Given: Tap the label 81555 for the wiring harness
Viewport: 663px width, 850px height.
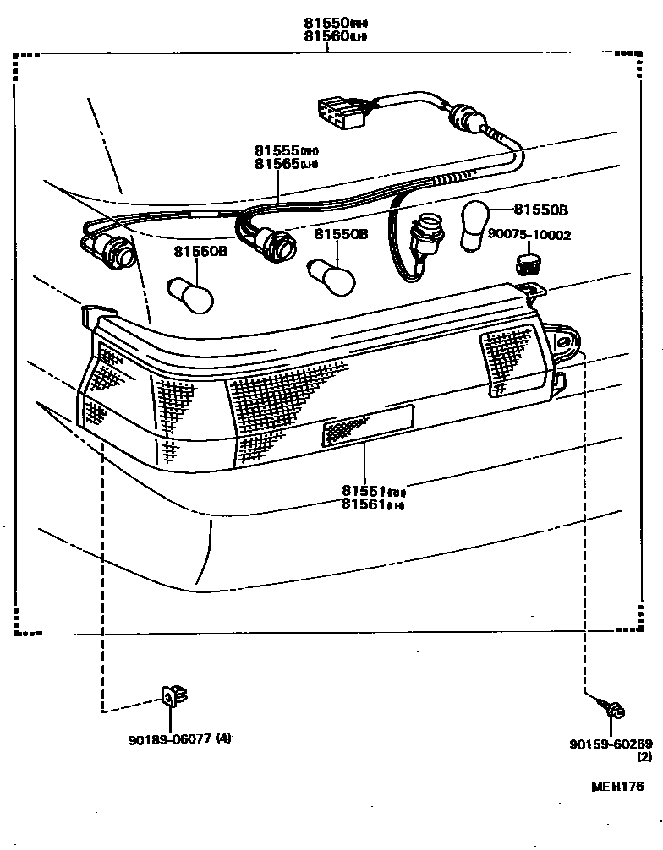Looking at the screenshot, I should pos(277,150).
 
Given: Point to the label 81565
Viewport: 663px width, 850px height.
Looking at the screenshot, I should pos(277,163).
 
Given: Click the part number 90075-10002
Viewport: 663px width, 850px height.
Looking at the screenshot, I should pos(529,234).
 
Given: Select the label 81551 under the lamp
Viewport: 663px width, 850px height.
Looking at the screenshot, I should pos(364,491).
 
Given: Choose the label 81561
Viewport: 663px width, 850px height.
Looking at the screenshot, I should pos(364,504).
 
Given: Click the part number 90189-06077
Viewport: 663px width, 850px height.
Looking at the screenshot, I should pos(168,738).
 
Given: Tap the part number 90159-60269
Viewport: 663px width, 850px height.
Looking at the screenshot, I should pos(611,744).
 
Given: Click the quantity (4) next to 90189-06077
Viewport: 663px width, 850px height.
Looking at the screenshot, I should pos(222,738).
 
